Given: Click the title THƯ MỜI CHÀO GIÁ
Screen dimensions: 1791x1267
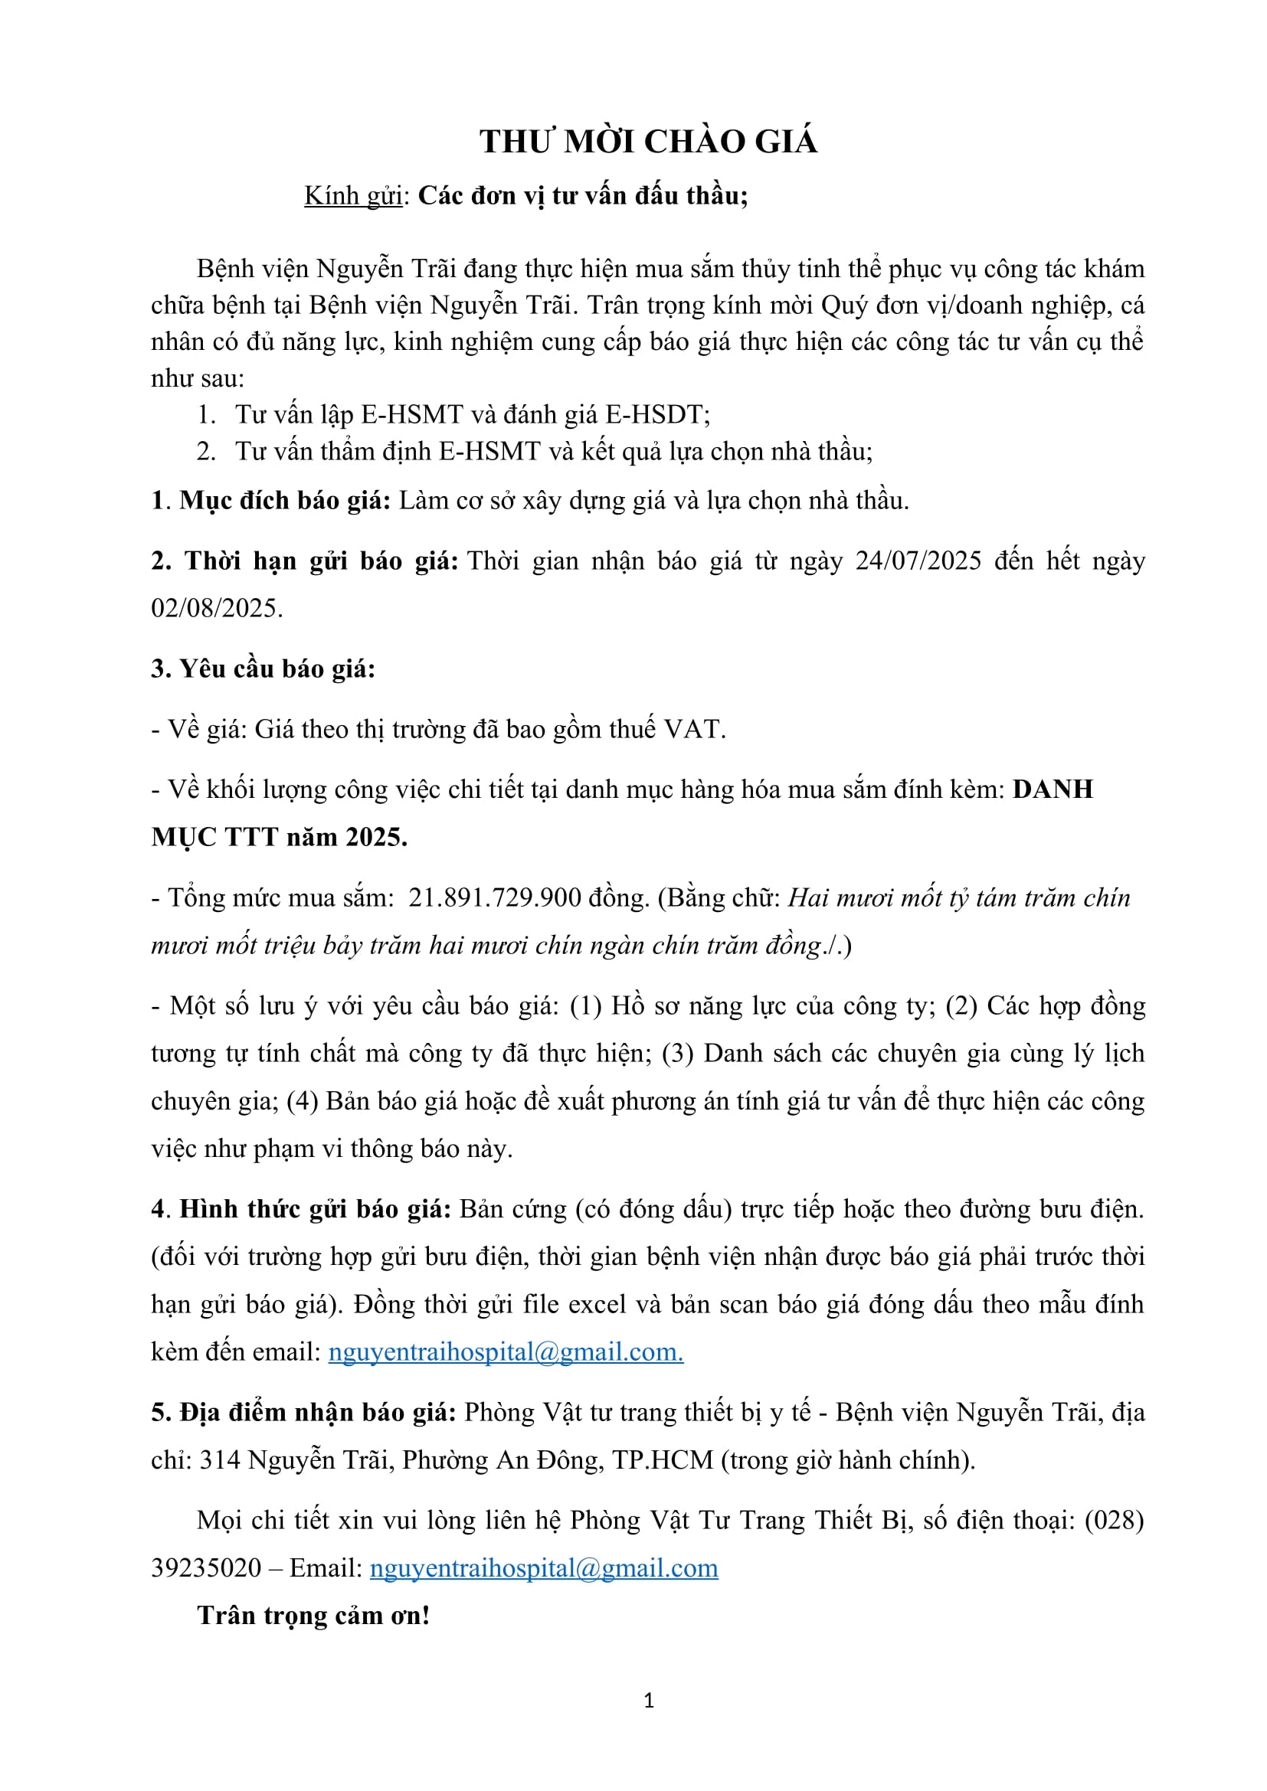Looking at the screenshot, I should point(648,142).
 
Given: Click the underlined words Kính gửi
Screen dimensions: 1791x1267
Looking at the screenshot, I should point(352,195).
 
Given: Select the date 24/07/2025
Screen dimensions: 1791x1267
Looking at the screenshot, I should point(918,561).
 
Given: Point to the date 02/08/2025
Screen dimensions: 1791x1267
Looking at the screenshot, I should point(215,608).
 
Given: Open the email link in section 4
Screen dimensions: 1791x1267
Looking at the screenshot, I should point(505,1351).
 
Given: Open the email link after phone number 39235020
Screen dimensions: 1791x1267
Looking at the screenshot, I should point(543,1569).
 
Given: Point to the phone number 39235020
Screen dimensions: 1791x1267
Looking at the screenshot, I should point(206,1569).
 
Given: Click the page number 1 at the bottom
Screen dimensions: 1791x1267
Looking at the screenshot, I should point(648,1701).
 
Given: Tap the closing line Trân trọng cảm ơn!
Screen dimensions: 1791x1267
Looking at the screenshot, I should point(313,1616).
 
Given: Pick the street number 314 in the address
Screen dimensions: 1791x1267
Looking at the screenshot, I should point(220,1460).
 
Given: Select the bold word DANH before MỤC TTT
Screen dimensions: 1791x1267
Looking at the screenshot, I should point(1053,789).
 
